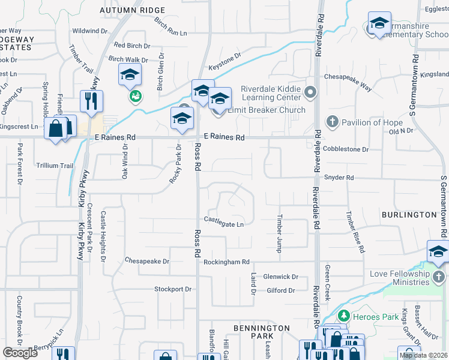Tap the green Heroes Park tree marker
point(343,316)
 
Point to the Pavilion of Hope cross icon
point(331,122)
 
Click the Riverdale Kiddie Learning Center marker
point(310,92)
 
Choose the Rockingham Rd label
point(226,262)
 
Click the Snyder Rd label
point(339,178)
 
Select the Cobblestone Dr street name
point(345,149)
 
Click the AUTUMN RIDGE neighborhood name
point(132,10)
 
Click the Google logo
point(20,353)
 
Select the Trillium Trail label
point(55,166)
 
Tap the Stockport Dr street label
point(172,289)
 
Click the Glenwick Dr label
point(280,277)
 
